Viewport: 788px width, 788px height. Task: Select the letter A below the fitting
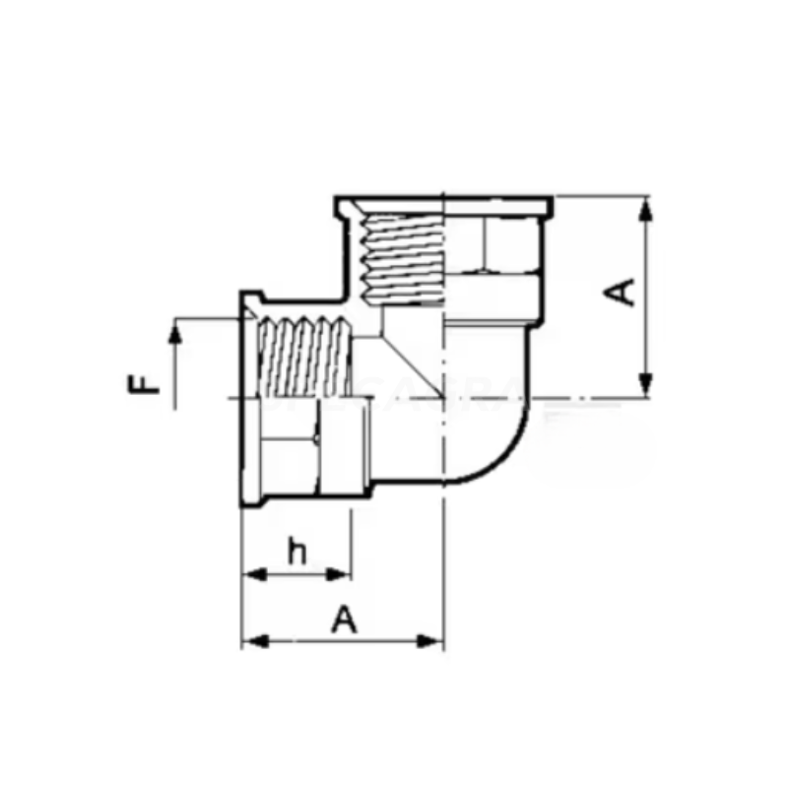click(343, 621)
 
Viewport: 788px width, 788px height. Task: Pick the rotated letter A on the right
click(622, 292)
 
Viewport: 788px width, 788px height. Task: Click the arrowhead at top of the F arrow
click(176, 334)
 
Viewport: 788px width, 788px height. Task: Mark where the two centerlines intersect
click(444, 399)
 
